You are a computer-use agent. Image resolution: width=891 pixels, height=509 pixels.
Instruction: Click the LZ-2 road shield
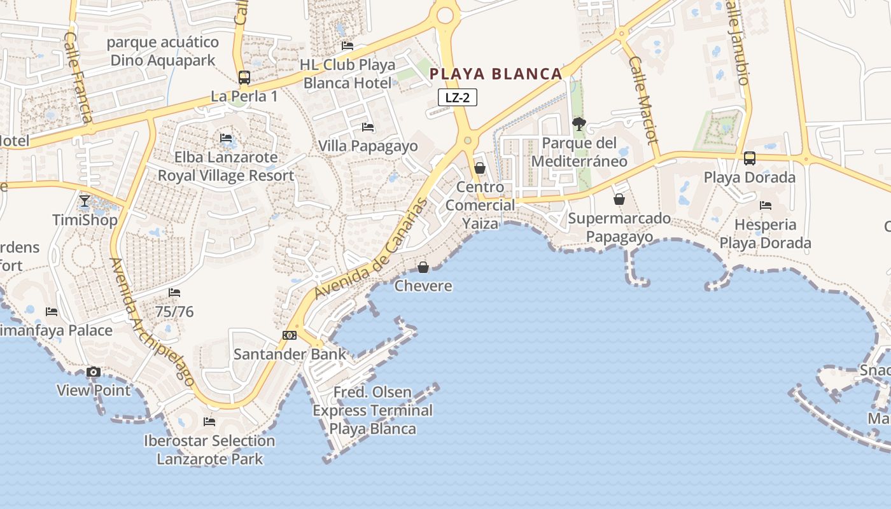click(x=458, y=97)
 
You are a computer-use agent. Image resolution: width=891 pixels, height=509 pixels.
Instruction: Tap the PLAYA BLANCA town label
click(x=496, y=74)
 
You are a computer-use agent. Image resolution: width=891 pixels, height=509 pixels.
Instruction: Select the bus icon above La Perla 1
click(x=244, y=78)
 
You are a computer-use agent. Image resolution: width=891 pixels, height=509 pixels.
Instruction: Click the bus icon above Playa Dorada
click(x=750, y=158)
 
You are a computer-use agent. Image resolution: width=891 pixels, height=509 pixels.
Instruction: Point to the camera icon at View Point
click(x=94, y=372)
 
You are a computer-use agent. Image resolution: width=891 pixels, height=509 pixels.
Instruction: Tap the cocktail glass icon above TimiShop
click(x=85, y=202)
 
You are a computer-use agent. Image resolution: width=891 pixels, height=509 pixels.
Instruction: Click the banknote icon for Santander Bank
click(x=290, y=335)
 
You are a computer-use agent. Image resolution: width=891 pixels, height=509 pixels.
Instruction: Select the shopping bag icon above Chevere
click(x=423, y=267)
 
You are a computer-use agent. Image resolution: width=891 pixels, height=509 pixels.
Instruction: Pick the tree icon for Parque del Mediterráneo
click(x=579, y=124)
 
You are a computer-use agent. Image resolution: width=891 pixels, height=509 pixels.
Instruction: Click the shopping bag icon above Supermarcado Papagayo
click(x=619, y=200)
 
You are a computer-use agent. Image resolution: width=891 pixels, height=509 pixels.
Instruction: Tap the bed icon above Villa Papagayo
click(x=367, y=127)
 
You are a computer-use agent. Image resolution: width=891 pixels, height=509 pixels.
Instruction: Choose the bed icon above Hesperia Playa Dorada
click(x=766, y=206)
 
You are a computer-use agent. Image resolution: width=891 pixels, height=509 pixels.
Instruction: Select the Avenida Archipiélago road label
click(x=152, y=322)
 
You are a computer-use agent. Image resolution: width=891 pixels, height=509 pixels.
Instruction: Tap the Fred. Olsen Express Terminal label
click(x=373, y=410)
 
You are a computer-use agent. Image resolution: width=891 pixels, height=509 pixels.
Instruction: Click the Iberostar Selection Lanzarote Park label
click(x=209, y=449)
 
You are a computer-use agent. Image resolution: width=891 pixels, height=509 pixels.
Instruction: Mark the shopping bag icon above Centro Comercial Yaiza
click(x=480, y=168)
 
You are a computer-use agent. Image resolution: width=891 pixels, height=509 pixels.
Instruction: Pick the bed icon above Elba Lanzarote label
click(x=226, y=138)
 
